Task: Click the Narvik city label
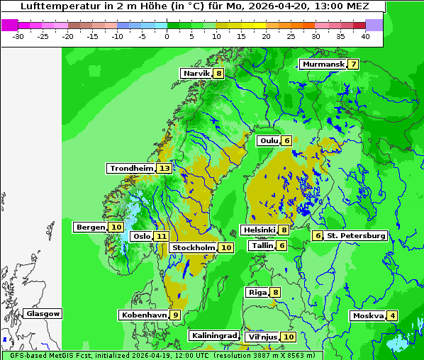click(196, 73)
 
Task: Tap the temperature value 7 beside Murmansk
click(353, 64)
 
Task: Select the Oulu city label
click(268, 140)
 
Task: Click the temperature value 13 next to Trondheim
click(164, 169)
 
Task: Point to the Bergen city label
click(89, 227)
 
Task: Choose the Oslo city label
click(142, 237)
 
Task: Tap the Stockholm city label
click(193, 247)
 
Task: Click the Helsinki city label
click(259, 230)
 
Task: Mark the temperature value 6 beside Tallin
click(282, 245)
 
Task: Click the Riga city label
click(257, 292)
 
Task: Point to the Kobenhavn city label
click(144, 315)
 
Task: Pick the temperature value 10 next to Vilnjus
click(288, 337)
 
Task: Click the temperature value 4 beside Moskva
click(393, 315)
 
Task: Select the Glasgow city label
click(43, 313)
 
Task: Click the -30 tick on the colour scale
click(18, 35)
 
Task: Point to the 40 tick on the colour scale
click(365, 35)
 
